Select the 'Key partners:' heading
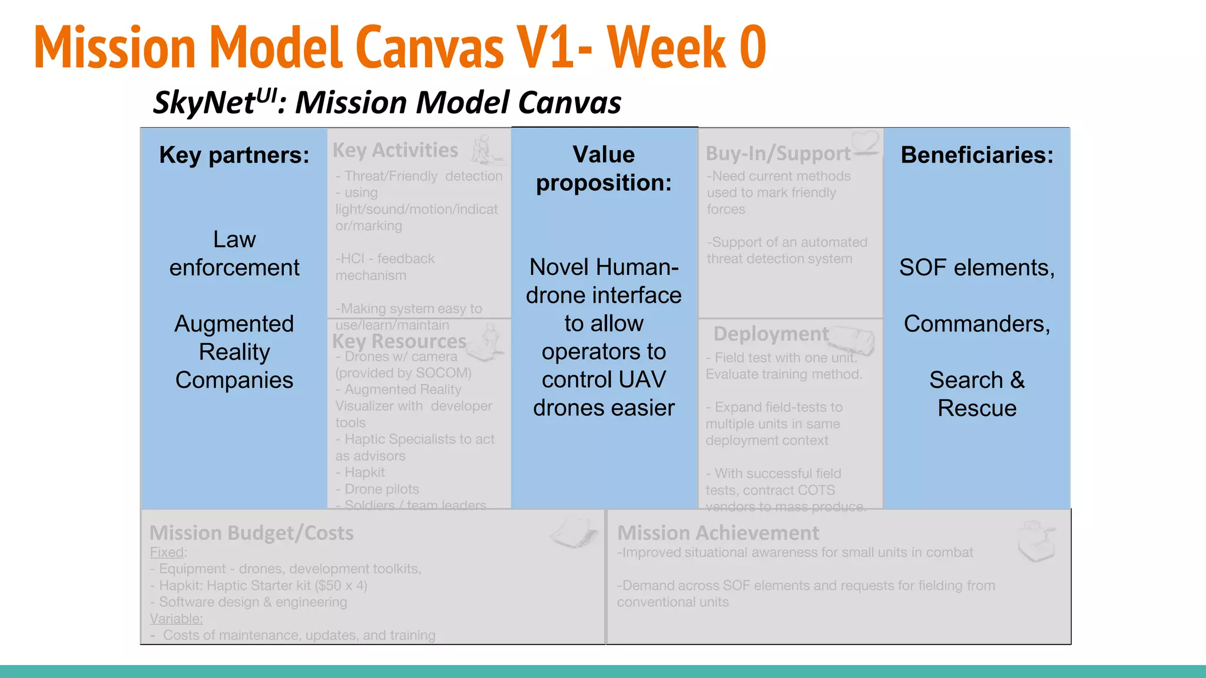pyautogui.click(x=234, y=155)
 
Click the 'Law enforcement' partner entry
pyautogui.click(x=234, y=254)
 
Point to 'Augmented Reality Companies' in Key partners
pyautogui.click(x=234, y=352)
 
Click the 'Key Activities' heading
pyautogui.click(x=395, y=151)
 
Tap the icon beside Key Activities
pyautogui.click(x=486, y=149)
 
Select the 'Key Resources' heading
pyautogui.click(x=399, y=341)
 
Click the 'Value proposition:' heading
pyautogui.click(x=604, y=168)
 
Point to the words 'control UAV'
pyautogui.click(x=604, y=380)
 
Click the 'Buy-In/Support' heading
pyautogui.click(x=777, y=154)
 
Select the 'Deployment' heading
pyautogui.click(x=771, y=334)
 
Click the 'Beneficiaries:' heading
pyautogui.click(x=977, y=155)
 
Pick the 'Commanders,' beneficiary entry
pyautogui.click(x=977, y=324)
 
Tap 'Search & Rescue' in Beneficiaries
pyautogui.click(x=977, y=394)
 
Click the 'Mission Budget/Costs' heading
pyautogui.click(x=251, y=533)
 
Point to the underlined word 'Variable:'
pyautogui.click(x=176, y=619)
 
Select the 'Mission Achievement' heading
pyautogui.click(x=718, y=533)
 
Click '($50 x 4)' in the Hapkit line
pyautogui.click(x=341, y=586)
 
